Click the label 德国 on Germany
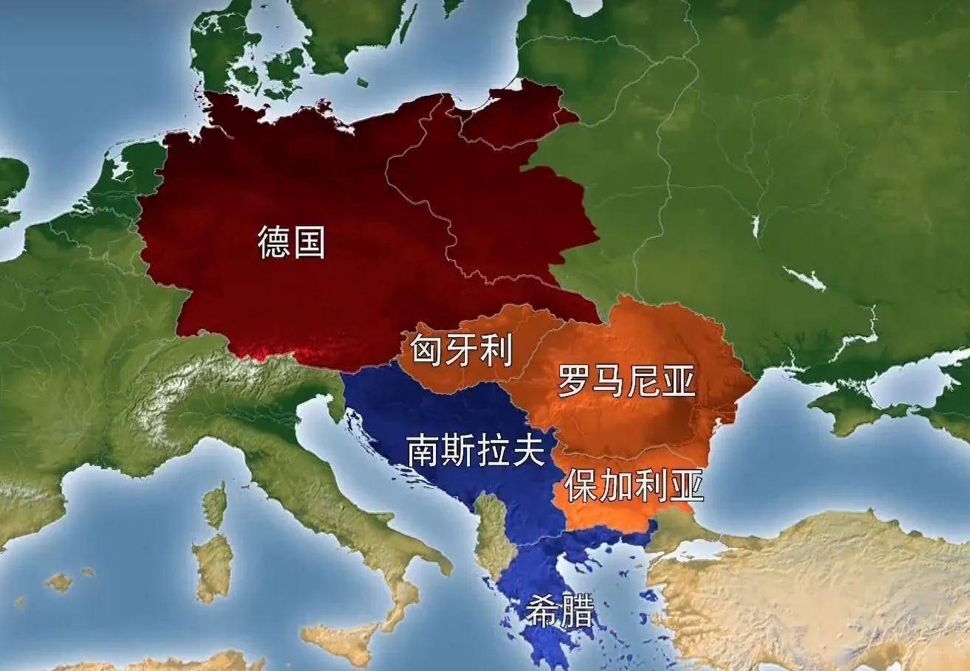click(291, 241)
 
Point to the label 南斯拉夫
click(476, 450)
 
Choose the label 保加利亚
click(634, 484)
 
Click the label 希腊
click(558, 610)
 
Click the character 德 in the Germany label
click(274, 241)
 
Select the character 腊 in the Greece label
click(576, 610)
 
